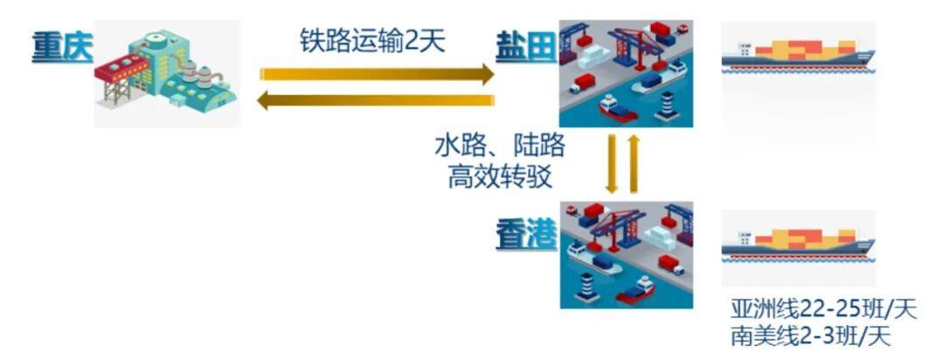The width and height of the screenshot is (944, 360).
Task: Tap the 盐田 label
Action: (x=525, y=44)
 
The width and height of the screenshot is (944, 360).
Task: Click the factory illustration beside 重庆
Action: (x=166, y=75)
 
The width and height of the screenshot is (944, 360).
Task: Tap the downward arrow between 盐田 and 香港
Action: (x=614, y=163)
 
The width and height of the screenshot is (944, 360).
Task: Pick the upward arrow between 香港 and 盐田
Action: (x=635, y=163)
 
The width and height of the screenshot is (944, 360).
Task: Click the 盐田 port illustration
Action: (x=625, y=73)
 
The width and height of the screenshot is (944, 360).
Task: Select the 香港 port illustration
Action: (x=625, y=253)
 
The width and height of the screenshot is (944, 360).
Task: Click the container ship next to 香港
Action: (x=796, y=245)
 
